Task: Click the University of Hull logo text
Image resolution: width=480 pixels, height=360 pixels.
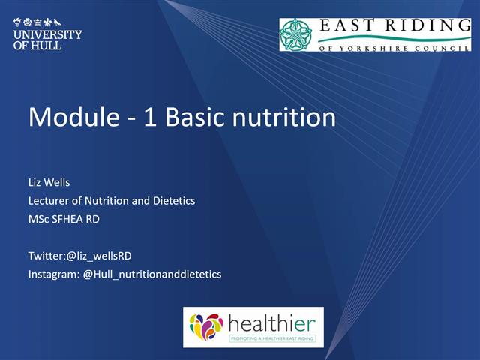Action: pyautogui.click(x=47, y=40)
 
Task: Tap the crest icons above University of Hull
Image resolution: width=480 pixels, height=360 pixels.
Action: pyautogui.click(x=47, y=22)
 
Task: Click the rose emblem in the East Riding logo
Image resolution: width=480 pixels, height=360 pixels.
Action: pyautogui.click(x=297, y=34)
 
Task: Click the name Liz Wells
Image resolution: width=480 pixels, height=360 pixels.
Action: pyautogui.click(x=49, y=182)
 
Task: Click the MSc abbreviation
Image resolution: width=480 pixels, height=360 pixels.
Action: pyautogui.click(x=38, y=219)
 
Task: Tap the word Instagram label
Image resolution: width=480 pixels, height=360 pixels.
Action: pyautogui.click(x=52, y=274)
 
